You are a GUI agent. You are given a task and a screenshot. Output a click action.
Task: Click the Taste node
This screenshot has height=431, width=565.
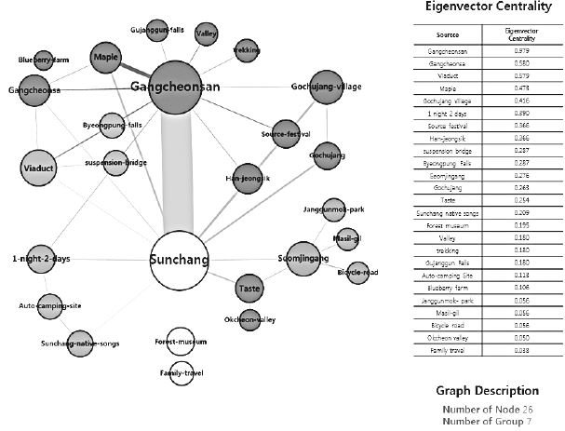pyautogui.click(x=249, y=288)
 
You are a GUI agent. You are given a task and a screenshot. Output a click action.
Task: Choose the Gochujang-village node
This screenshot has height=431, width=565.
pyautogui.click(x=326, y=88)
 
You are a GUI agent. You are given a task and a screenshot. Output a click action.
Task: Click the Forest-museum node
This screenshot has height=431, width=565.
pyautogui.click(x=180, y=343)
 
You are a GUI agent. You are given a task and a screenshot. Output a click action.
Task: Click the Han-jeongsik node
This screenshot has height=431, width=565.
pyautogui.click(x=244, y=175)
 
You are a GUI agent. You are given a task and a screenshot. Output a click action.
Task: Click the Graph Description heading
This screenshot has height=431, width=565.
pyautogui.click(x=487, y=390)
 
